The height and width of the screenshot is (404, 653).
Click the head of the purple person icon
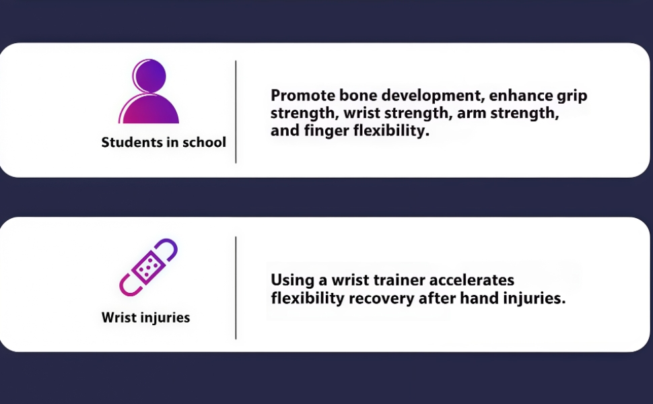click(x=149, y=76)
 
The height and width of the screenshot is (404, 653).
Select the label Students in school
click(x=164, y=142)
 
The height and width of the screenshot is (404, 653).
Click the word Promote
click(x=302, y=96)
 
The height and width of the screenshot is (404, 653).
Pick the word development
click(x=433, y=96)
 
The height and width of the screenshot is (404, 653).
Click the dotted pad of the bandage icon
click(x=148, y=267)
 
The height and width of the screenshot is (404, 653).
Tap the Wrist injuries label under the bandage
click(x=146, y=317)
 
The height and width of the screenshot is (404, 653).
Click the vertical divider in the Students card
click(x=236, y=112)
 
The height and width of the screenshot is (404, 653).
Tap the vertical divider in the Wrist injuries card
click(x=236, y=288)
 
